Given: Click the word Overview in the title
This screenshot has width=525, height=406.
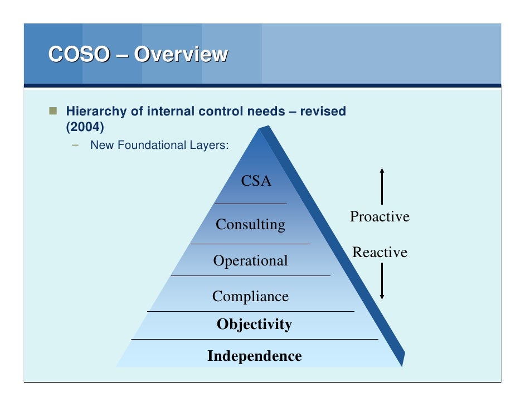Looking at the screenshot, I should click(182, 55).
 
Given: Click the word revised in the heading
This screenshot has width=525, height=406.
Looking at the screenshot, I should click(323, 112).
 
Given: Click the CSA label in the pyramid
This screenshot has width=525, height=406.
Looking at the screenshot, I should click(256, 181).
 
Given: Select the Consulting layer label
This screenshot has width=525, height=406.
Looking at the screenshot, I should click(250, 225).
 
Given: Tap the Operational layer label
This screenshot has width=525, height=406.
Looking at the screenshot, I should click(250, 261).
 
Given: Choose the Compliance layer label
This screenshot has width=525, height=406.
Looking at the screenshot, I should click(250, 297).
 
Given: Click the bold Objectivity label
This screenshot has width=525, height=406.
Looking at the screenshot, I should click(254, 325).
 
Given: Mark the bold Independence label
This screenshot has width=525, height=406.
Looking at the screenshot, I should click(254, 356).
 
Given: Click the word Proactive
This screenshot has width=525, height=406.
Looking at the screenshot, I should click(380, 217).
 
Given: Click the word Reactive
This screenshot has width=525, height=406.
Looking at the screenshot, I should click(380, 253).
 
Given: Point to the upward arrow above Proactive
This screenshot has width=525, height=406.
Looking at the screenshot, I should click(382, 186).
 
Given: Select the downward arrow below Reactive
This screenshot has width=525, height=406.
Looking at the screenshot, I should click(382, 282).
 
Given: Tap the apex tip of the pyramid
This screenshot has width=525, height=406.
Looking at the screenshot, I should click(260, 129).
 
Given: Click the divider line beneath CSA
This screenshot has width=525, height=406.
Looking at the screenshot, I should click(251, 204).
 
